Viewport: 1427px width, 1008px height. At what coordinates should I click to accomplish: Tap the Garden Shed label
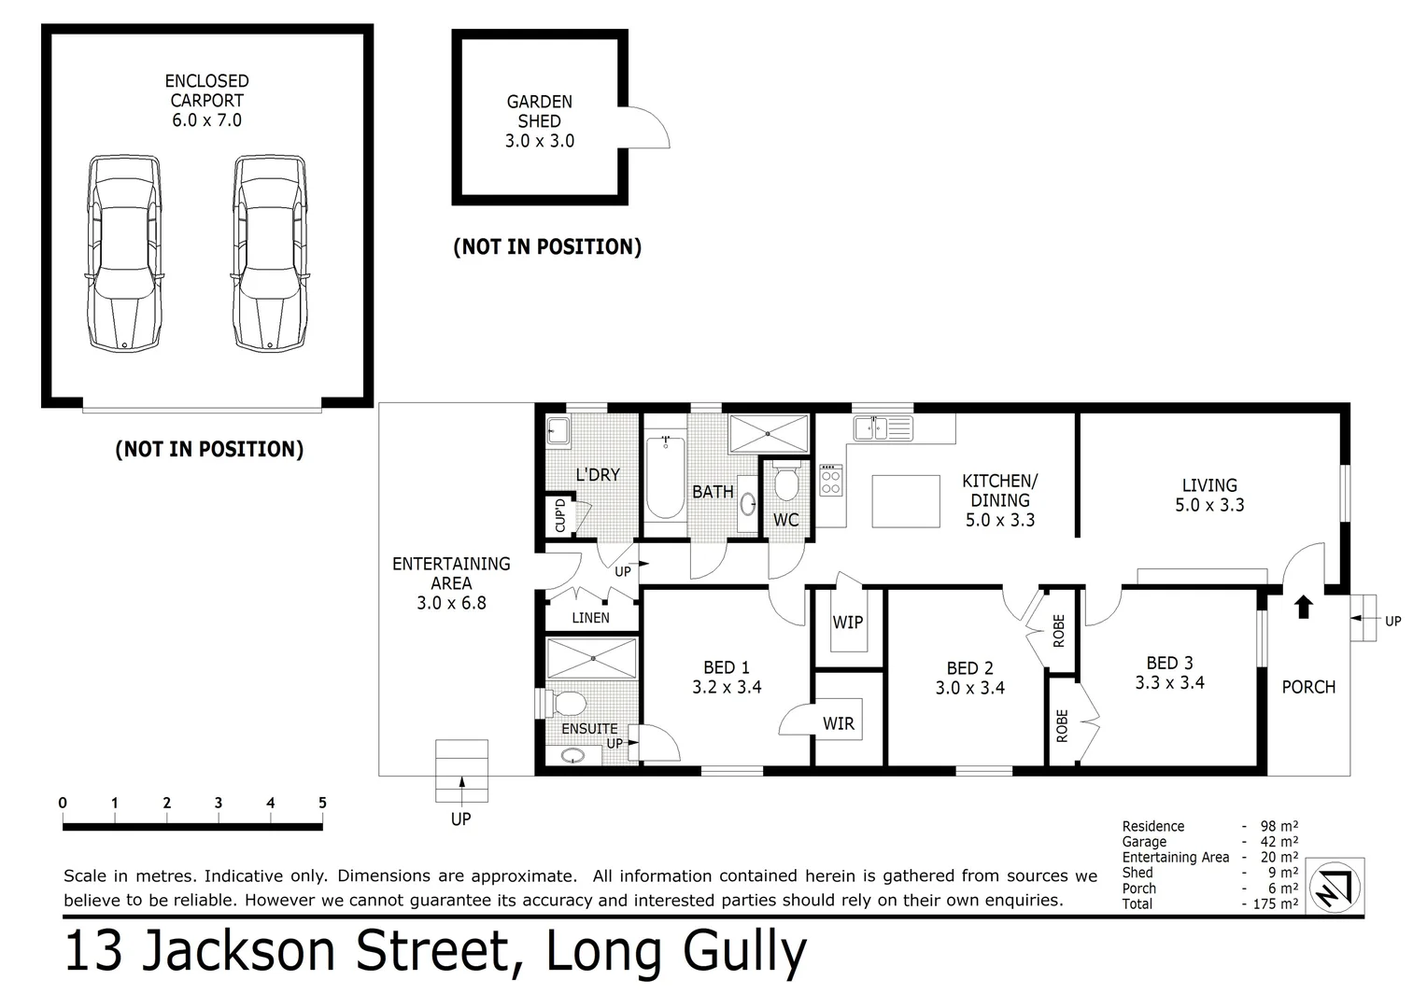point(539,111)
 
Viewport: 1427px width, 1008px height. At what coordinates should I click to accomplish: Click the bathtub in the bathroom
point(665,476)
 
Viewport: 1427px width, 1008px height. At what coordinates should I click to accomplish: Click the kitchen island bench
point(906,501)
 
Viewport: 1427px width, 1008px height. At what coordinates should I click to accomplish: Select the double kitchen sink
point(882,428)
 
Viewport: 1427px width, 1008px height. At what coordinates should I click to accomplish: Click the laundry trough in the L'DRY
point(559,431)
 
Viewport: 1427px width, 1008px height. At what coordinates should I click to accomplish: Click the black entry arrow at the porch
point(1304,608)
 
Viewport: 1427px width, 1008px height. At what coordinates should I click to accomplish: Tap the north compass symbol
point(1335,886)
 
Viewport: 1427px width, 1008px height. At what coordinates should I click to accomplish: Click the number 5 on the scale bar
point(322,803)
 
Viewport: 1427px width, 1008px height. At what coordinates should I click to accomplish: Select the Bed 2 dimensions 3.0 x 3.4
point(969,689)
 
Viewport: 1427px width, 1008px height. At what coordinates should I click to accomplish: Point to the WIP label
point(847,623)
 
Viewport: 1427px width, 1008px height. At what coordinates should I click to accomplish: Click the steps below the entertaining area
point(461,770)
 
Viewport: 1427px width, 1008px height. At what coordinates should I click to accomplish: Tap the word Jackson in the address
point(237,952)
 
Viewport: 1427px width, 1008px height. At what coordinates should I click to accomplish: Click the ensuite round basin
point(572,755)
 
